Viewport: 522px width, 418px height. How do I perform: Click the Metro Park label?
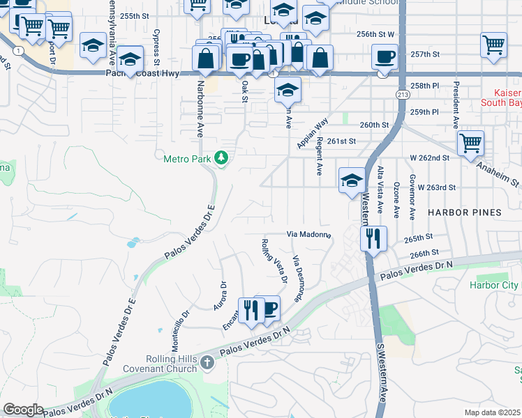(x=187, y=159)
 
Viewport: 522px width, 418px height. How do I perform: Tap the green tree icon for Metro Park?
(x=222, y=158)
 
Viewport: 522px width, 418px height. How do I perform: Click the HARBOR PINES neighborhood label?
(x=464, y=212)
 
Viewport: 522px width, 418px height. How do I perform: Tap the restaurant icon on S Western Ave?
(x=372, y=238)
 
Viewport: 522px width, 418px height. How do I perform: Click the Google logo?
(x=23, y=410)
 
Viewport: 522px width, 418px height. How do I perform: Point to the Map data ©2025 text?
(x=493, y=412)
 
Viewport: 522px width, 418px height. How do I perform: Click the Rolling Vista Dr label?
(x=274, y=261)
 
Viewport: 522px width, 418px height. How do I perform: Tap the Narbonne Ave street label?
(x=200, y=108)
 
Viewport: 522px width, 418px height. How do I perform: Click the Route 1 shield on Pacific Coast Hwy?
(x=15, y=52)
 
